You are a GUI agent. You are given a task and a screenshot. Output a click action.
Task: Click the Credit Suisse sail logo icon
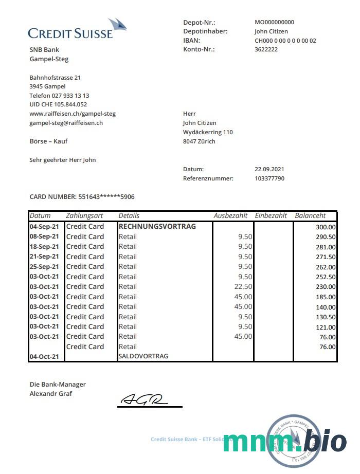coord(118,25)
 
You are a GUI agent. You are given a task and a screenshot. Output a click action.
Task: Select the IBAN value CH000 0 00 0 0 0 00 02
coord(285,41)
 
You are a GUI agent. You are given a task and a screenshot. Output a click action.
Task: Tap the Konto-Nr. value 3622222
coord(266,49)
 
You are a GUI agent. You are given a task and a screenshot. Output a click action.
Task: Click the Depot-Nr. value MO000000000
coord(275,22)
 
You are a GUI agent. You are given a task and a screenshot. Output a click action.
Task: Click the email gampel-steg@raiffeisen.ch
coord(66,123)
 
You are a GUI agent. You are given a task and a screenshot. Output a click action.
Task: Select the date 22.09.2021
coord(269,169)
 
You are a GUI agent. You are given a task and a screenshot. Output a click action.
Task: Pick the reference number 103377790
coord(269,178)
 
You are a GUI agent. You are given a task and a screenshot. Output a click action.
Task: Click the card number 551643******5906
coord(106,196)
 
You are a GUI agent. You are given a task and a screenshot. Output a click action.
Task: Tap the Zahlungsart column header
coord(85,216)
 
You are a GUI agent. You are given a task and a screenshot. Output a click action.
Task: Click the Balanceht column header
coord(310,216)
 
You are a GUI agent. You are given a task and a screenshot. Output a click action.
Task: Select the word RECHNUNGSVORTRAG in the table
coord(157,226)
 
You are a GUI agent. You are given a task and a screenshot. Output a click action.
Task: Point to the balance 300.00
coord(326,227)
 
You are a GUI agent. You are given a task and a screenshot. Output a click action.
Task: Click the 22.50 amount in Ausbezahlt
coord(243,286)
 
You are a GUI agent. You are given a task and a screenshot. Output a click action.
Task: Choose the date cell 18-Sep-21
coord(44,246)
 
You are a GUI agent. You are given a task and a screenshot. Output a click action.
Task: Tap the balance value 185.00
coord(326,297)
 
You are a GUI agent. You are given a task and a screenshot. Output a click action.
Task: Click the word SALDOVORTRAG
coord(143,356)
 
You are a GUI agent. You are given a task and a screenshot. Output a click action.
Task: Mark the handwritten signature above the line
coord(144,399)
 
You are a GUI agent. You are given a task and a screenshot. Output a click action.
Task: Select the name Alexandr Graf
coord(51,394)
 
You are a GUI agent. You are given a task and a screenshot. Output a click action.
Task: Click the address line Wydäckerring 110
coord(208,132)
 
